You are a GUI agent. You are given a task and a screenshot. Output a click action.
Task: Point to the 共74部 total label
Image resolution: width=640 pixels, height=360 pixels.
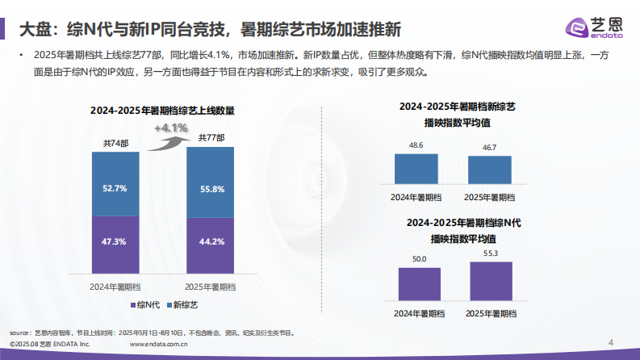click(x=115, y=143)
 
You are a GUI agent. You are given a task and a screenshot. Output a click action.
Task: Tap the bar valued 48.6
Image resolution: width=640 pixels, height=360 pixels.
click(x=416, y=169)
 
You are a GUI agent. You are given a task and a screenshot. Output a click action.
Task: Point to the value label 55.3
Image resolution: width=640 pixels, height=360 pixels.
click(x=491, y=254)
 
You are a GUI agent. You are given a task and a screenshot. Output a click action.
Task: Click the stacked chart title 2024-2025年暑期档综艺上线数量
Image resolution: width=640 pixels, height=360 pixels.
click(x=162, y=111)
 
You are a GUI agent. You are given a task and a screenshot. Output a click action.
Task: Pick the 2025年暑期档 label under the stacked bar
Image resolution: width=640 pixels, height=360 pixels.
click(x=211, y=287)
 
